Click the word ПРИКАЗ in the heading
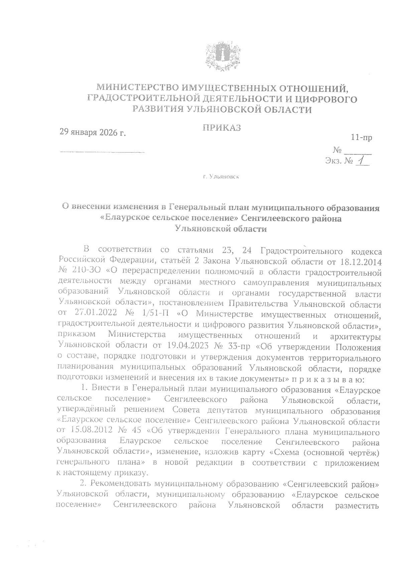(222, 128)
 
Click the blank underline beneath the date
(102, 152)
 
